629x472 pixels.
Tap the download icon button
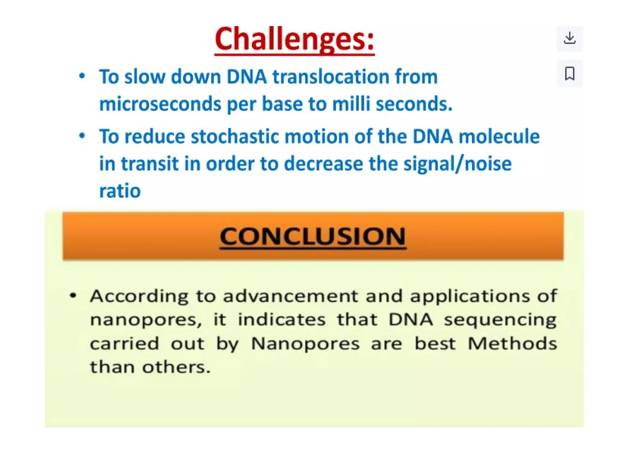tap(569, 38)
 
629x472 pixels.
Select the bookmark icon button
tap(569, 73)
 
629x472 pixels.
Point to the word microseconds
tap(160, 104)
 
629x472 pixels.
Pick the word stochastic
tap(235, 136)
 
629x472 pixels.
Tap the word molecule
tap(499, 136)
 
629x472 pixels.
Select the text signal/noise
tap(457, 164)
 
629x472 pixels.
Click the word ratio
tap(120, 191)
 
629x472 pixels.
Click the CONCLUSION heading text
tap(313, 237)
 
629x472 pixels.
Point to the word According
tap(139, 297)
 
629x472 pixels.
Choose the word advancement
tap(291, 297)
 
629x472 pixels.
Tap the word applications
tap(470, 297)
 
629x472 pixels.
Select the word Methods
tap(512, 344)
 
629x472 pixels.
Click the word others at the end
tap(176, 367)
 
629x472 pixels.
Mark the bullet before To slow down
tap(82, 76)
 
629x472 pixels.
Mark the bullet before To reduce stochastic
tap(82, 136)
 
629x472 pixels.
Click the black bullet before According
tap(73, 296)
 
